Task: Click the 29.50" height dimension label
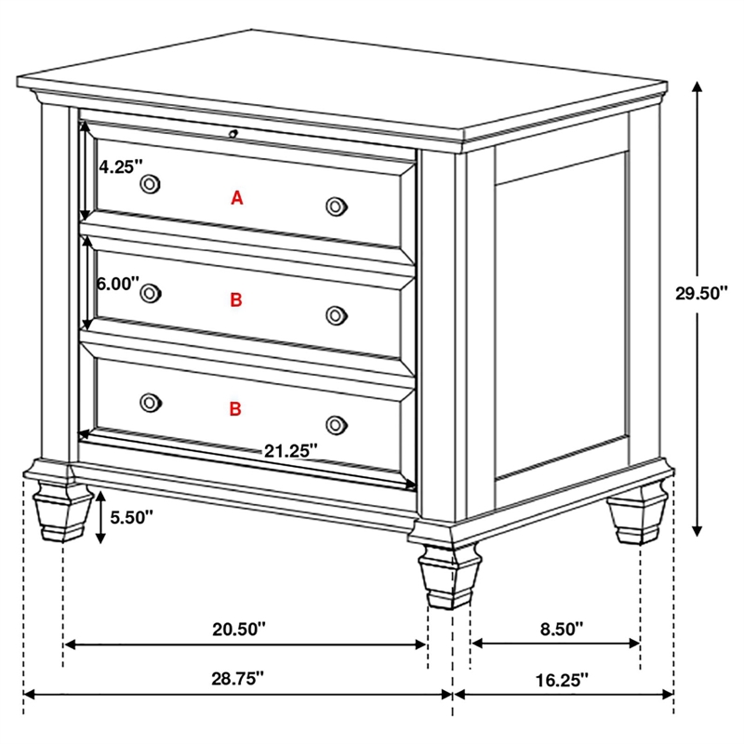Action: [x=701, y=293]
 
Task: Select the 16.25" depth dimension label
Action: [x=563, y=680]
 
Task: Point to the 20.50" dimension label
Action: [x=239, y=629]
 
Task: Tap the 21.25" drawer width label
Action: [x=290, y=450]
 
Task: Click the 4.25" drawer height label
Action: [x=121, y=167]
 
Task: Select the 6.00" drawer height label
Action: [x=118, y=282]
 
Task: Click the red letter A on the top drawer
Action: [x=237, y=197]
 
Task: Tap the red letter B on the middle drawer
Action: [x=236, y=299]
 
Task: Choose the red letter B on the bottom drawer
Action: [x=236, y=408]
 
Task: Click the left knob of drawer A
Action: [x=149, y=184]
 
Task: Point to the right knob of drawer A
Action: [x=337, y=206]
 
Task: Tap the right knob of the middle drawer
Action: [x=337, y=315]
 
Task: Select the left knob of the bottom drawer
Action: [x=149, y=402]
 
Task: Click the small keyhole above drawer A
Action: [x=234, y=133]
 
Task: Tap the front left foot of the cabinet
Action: [x=56, y=511]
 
